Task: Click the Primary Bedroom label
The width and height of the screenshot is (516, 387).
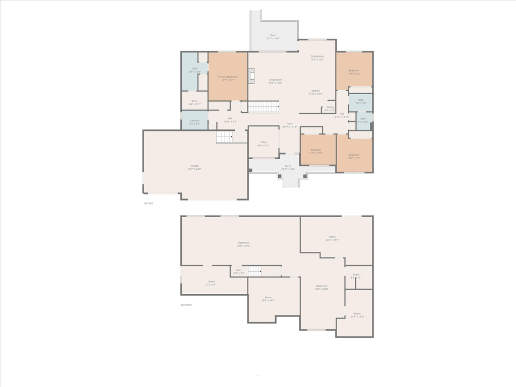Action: point(228,77)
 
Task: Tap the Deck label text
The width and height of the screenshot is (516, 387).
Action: point(273,35)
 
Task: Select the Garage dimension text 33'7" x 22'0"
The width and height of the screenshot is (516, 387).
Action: point(195,169)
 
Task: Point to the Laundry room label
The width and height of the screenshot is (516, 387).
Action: point(195,120)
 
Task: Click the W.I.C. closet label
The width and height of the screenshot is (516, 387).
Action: point(194,101)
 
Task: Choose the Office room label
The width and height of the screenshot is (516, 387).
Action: point(264,142)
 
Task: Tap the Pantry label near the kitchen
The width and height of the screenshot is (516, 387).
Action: point(330,107)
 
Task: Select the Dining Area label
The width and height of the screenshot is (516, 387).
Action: point(317,56)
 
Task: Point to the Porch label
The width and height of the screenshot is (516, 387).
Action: point(288,166)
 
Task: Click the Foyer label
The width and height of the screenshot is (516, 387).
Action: point(290,123)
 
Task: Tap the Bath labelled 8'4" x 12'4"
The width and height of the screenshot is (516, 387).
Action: point(195,69)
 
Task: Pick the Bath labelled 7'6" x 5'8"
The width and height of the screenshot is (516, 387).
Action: point(361,100)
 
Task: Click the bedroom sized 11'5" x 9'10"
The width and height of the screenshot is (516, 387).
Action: point(316,150)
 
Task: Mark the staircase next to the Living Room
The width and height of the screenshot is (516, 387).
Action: point(263,107)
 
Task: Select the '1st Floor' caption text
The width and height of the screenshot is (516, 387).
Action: point(148,203)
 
